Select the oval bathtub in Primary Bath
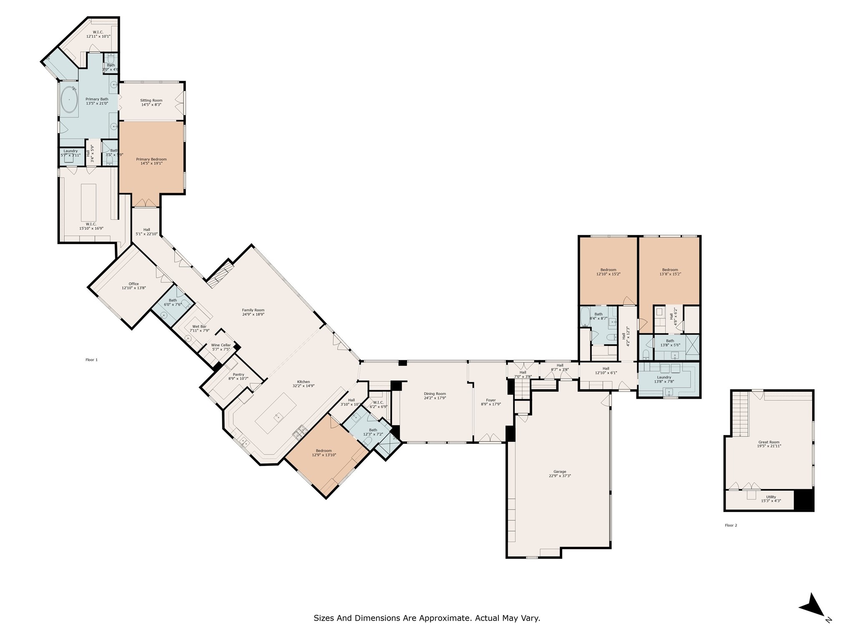click(69, 100)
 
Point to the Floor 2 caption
click(731, 525)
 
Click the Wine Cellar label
click(221, 345)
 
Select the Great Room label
click(769, 442)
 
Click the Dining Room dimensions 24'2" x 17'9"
click(435, 398)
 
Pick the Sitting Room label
click(151, 100)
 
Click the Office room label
click(133, 284)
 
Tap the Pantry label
click(238, 375)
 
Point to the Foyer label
click(491, 400)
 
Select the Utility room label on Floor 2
click(771, 497)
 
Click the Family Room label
click(253, 310)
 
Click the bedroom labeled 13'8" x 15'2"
click(670, 272)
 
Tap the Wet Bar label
click(199, 326)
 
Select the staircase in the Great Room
click(741, 414)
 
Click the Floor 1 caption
click(91, 360)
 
